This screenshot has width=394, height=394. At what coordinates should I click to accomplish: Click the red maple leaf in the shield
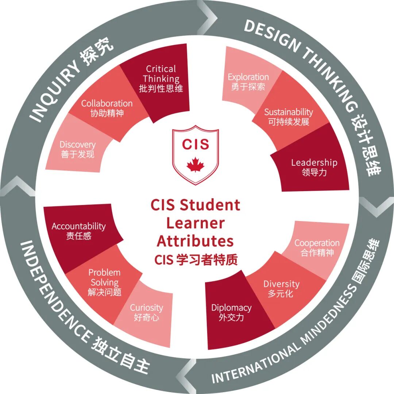[x=196, y=165]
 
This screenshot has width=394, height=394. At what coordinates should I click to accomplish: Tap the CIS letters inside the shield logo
[x=196, y=144]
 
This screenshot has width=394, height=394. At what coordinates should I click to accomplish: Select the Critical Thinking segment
[x=161, y=80]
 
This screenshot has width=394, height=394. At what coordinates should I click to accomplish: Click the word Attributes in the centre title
[x=195, y=241]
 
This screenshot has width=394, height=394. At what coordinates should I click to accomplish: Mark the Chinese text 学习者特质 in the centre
[x=207, y=260]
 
